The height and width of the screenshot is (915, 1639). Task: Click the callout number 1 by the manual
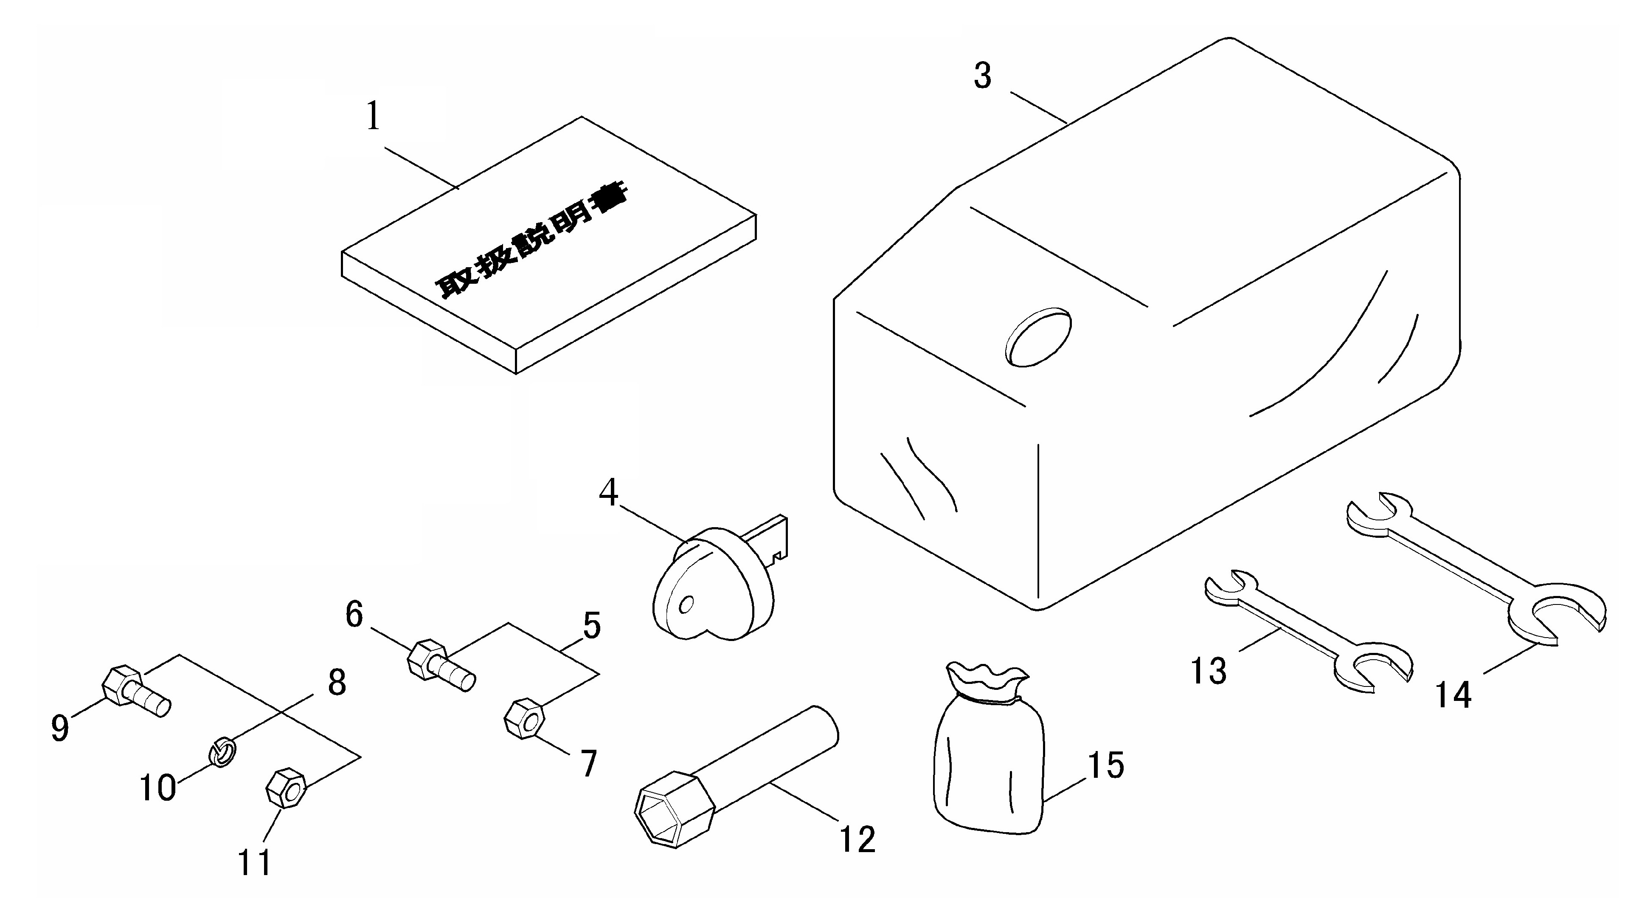point(374,116)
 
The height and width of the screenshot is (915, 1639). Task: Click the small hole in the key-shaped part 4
point(686,604)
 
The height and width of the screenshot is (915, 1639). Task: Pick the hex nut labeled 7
point(524,718)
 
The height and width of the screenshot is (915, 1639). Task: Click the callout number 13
point(1208,670)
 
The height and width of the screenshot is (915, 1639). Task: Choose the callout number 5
point(592,625)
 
